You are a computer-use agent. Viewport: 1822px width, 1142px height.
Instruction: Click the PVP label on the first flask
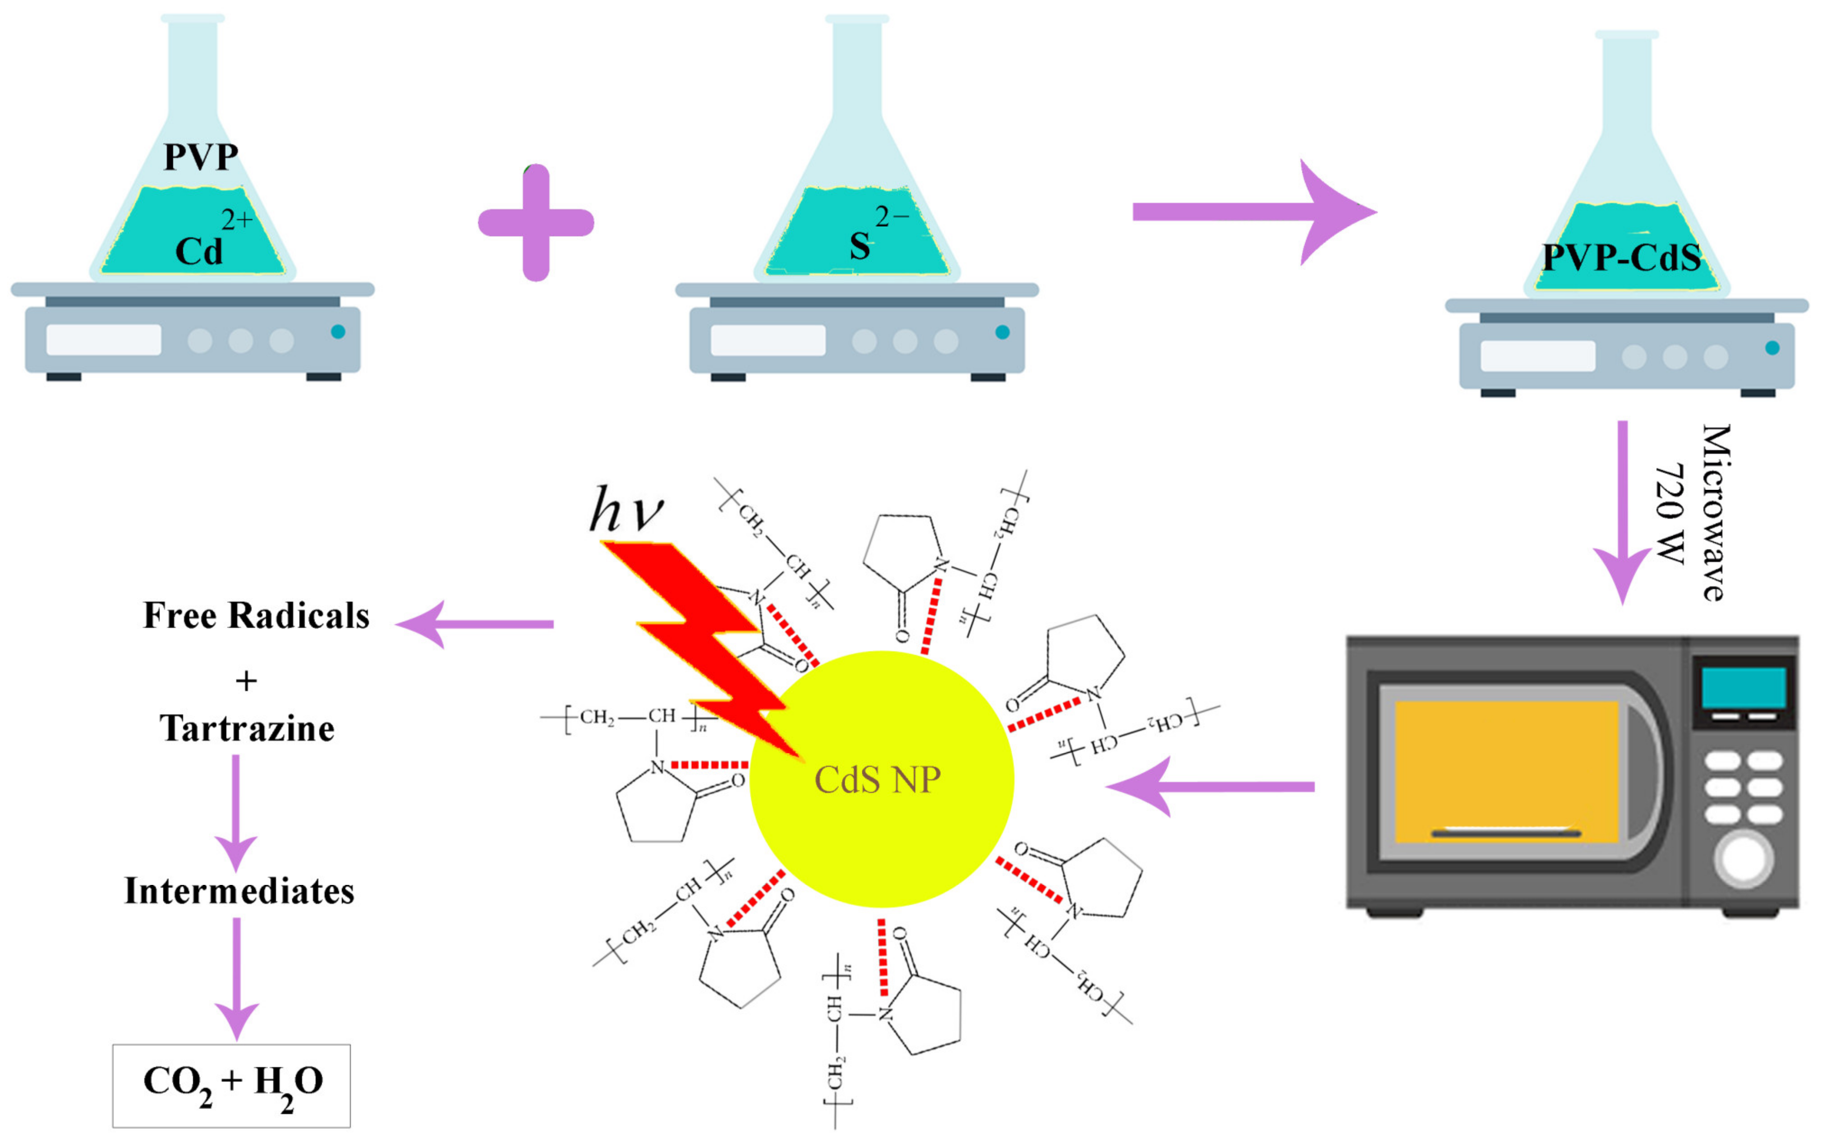click(x=201, y=157)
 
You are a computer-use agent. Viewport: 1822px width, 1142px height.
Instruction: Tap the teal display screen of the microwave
click(x=1743, y=687)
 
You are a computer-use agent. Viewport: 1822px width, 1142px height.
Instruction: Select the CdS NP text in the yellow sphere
click(x=877, y=779)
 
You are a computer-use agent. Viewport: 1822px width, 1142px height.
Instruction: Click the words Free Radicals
click(x=256, y=616)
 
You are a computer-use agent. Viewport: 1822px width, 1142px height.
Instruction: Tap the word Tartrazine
click(x=247, y=729)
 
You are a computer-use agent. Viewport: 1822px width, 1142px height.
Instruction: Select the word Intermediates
click(x=239, y=891)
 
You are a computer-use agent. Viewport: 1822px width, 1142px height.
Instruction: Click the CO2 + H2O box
click(x=232, y=1085)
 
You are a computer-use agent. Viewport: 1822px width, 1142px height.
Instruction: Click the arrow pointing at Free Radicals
click(x=476, y=624)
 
